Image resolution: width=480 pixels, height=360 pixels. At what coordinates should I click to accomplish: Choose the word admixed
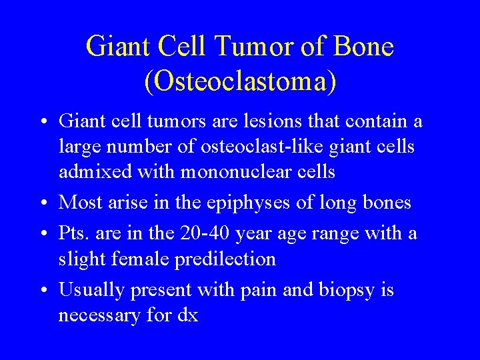pos(90,171)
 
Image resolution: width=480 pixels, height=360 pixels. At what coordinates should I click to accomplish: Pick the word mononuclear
pos(225,171)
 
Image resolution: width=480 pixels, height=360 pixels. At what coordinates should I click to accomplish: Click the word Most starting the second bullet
pos(81,203)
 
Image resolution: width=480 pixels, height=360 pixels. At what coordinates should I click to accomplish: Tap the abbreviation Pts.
pos(74,234)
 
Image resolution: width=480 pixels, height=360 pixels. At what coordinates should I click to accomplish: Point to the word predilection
pos(225,259)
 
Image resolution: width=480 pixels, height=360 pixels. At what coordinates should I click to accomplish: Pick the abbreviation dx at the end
pos(188,315)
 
